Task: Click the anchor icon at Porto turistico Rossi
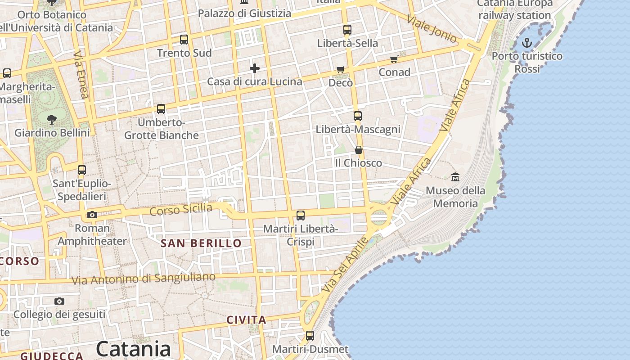coord(527,43)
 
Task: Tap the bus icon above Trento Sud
coord(184,40)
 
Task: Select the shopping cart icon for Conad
coord(394,59)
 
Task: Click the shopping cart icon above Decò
coord(341,70)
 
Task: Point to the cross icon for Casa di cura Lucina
coord(255,68)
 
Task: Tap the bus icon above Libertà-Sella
coord(347,30)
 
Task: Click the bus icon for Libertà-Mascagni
coord(358,116)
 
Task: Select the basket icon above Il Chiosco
coord(359,150)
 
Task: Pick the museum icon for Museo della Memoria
coord(455,177)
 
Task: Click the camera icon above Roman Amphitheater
coord(92,215)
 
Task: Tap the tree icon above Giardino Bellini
coord(52,120)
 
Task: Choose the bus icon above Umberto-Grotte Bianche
coord(161,109)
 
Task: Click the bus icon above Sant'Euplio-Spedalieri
coord(82,170)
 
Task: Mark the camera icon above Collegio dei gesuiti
coord(59,301)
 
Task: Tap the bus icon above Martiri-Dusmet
coord(310,336)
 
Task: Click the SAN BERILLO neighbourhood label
coord(201,243)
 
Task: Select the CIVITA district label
coord(246,320)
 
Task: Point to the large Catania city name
coord(133,349)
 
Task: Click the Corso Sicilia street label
coord(181,210)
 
